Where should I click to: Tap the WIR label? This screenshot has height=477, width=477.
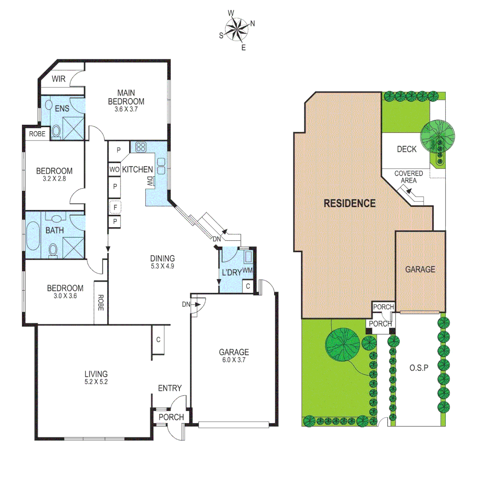(x=59, y=79)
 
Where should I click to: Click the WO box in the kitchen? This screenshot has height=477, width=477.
(x=114, y=170)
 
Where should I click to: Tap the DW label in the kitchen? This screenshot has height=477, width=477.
(x=150, y=181)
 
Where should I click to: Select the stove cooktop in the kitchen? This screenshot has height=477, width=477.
(x=141, y=147)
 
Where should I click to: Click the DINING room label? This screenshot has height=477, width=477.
(x=162, y=258)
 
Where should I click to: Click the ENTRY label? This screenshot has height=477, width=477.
(x=170, y=388)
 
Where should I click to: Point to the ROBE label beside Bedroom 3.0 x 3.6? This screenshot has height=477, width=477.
(x=100, y=303)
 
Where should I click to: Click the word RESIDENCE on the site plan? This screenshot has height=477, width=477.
(x=350, y=204)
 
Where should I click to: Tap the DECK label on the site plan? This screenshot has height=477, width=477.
(x=406, y=149)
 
